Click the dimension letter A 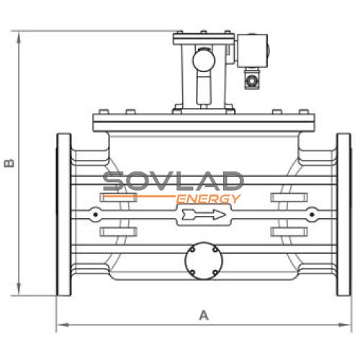[x=204, y=315]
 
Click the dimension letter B [x=9, y=163]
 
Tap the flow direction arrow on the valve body [x=204, y=215]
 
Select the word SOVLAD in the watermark [x=174, y=181]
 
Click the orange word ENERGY [x=208, y=199]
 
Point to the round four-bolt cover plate [x=204, y=261]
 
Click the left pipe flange [x=64, y=215]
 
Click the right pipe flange [x=343, y=215]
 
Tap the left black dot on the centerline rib [x=96, y=215]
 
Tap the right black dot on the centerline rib [x=312, y=215]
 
